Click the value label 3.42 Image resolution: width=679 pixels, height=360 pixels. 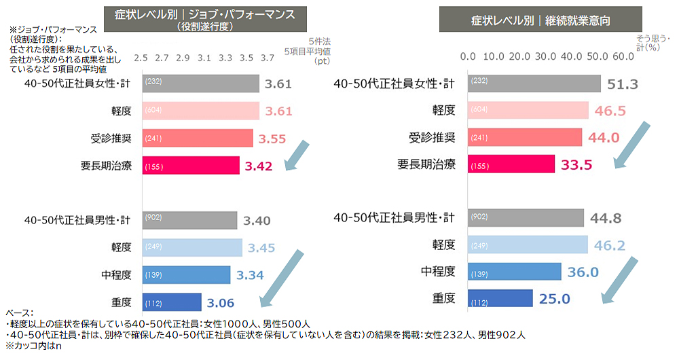pyautogui.click(x=259, y=165)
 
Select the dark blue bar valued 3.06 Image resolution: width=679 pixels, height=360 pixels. pyautogui.click(x=172, y=302)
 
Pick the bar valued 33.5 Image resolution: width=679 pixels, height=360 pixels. pyautogui.click(x=511, y=164)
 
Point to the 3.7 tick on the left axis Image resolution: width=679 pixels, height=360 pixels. pyautogui.click(x=268, y=58)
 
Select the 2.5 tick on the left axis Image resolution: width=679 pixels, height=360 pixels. pyautogui.click(x=141, y=58)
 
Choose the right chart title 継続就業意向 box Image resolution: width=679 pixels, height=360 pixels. pyautogui.click(x=540, y=20)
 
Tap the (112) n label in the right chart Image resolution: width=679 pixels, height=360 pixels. pyautogui.click(x=479, y=299)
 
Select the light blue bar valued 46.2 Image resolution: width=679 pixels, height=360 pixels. pyautogui.click(x=528, y=245)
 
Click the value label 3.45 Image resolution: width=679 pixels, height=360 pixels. pyautogui.click(x=261, y=248)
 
